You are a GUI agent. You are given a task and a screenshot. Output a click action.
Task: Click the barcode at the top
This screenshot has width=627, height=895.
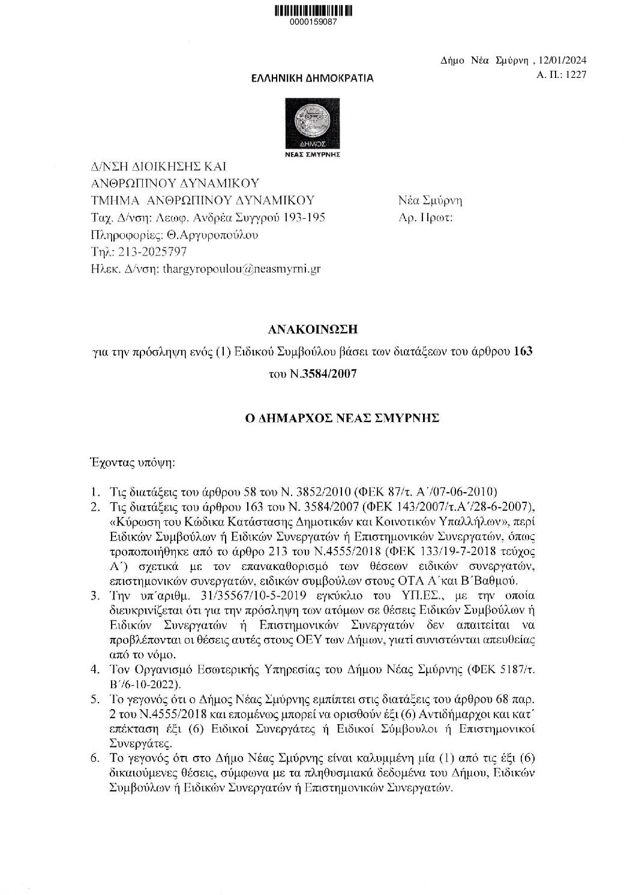click(313, 11)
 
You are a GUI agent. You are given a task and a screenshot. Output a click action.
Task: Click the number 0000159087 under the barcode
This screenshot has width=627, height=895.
click(313, 22)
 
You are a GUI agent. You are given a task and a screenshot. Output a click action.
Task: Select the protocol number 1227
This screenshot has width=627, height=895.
click(574, 74)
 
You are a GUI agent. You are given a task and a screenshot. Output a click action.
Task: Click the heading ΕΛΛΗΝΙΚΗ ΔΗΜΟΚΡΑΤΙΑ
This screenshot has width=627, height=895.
click(312, 78)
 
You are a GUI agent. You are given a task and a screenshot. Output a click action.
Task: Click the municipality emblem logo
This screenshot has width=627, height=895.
click(312, 124)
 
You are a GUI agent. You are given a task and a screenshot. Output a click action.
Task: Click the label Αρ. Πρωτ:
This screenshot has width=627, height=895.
click(425, 217)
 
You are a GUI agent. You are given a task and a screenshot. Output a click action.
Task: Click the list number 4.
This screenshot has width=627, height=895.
click(94, 669)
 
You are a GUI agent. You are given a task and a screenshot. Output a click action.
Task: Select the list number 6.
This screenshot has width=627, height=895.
click(94, 758)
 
